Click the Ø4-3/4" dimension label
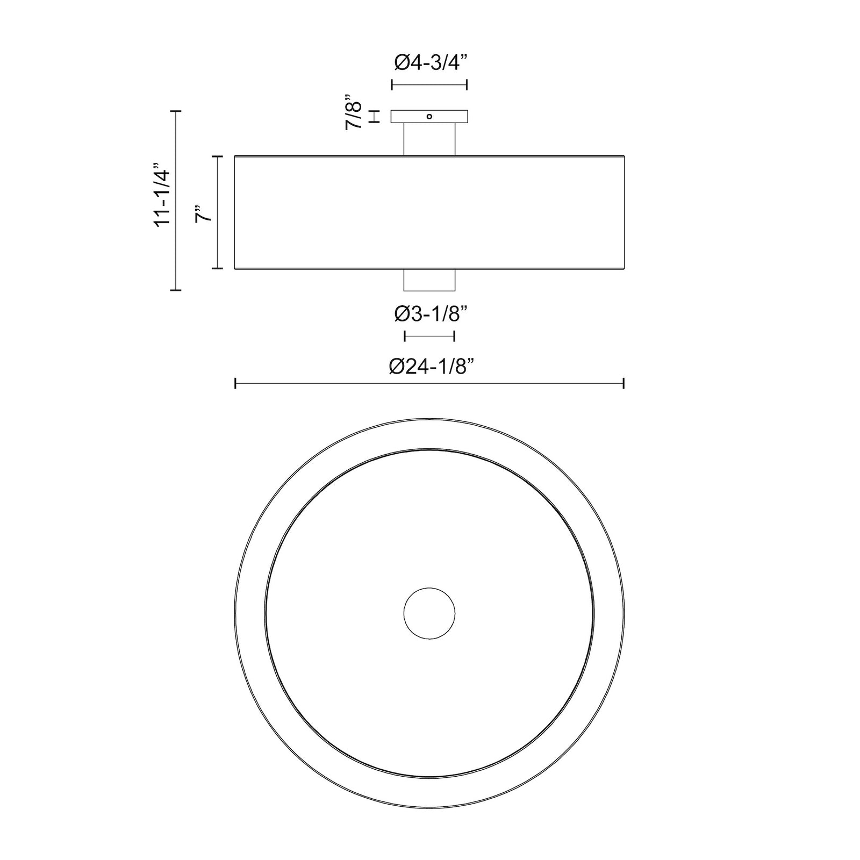click(429, 63)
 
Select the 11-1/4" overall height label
click(162, 194)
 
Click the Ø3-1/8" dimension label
click(429, 314)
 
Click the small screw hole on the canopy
click(429, 116)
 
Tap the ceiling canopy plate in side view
click(429, 117)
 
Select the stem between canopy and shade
click(429, 139)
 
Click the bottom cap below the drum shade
click(429, 279)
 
